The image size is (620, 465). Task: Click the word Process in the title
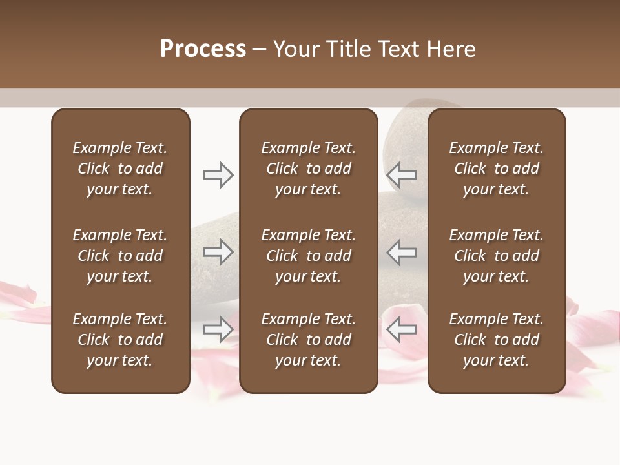pos(203,49)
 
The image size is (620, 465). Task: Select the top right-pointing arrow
pos(218,174)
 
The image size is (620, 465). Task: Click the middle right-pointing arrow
pos(218,252)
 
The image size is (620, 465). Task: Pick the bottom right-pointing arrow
pos(218,329)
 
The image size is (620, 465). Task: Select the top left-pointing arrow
pos(401,174)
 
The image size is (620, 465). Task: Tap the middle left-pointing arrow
pos(401,252)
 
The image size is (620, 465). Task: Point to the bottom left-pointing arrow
pos(401,329)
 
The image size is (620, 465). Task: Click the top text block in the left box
pos(120,169)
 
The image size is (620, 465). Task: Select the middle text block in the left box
pos(120,256)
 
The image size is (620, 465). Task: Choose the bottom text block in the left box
pos(120,340)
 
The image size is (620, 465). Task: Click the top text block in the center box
pos(308,169)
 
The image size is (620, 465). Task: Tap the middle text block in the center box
pos(308,256)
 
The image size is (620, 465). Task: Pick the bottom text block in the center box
pos(308,340)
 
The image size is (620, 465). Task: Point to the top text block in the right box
pos(496,169)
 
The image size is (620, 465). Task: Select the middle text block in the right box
pos(496,256)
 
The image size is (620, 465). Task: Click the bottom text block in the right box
pos(496,340)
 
